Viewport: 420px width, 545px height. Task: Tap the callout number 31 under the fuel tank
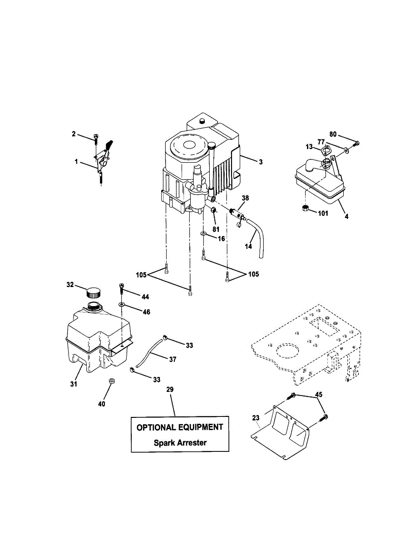[x=74, y=384]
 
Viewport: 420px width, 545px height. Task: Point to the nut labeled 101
[x=306, y=208]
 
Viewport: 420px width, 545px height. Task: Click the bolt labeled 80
[x=356, y=144]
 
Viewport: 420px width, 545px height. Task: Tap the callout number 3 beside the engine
[x=261, y=161]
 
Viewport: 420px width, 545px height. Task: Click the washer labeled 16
[x=204, y=233]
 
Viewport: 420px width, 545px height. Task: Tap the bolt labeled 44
[x=121, y=287]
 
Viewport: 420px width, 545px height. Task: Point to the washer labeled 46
[x=122, y=303]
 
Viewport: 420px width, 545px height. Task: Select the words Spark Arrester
[x=180, y=442]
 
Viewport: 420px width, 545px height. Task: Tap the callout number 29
[x=170, y=390]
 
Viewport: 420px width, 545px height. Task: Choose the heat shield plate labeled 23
[x=282, y=431]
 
